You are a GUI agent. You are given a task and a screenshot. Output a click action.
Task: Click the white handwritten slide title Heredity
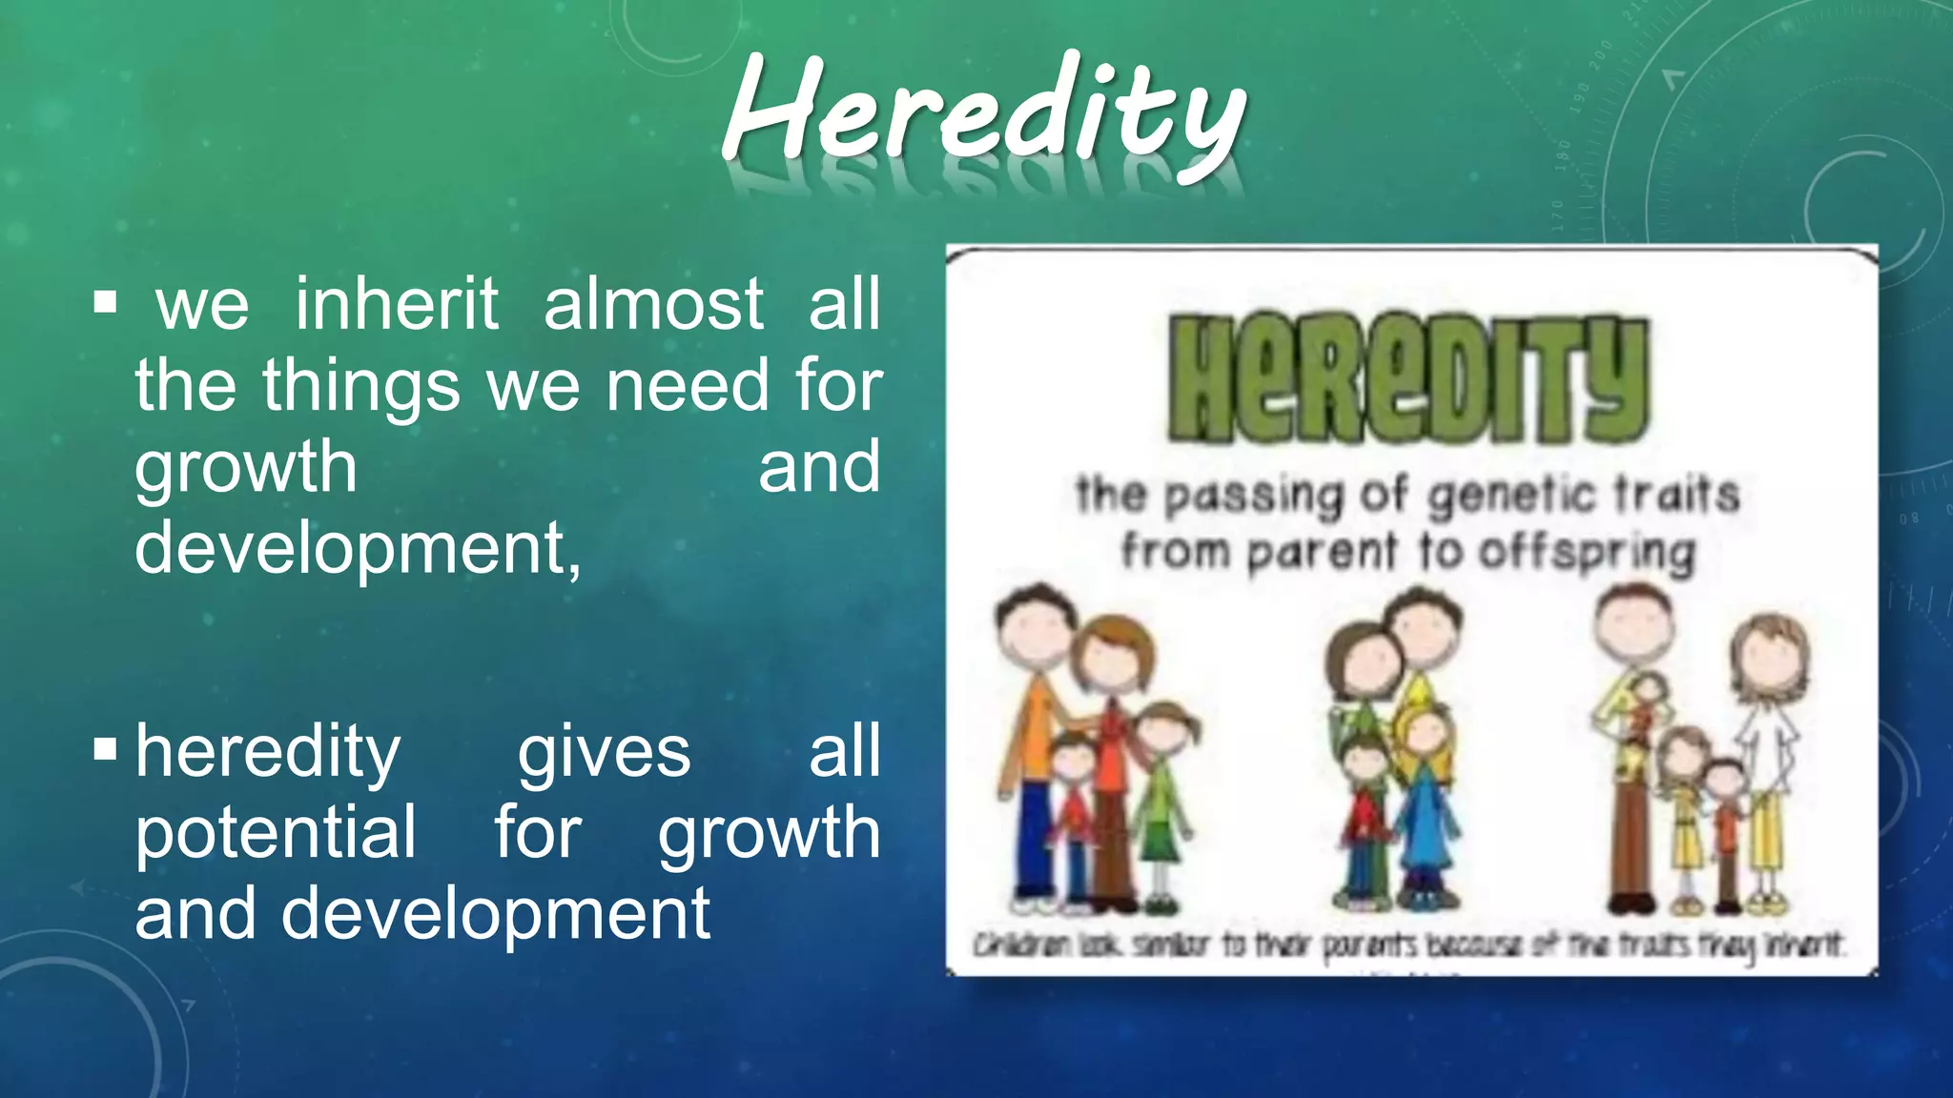pos(982,114)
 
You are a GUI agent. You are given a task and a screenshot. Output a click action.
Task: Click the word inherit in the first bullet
pos(397,304)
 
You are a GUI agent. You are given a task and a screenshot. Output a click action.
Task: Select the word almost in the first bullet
pos(653,304)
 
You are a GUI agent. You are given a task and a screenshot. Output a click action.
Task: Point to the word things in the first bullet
pos(361,386)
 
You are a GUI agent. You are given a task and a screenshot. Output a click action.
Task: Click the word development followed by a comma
pos(358,548)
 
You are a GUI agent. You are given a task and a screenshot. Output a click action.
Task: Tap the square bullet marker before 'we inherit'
pos(105,304)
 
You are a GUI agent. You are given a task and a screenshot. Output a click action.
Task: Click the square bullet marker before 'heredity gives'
pos(105,750)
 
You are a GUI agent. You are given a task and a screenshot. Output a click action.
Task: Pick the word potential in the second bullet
pos(276,832)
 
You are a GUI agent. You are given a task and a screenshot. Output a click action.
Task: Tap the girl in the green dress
pos(1160,801)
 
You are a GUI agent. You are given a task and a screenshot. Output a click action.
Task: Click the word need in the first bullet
pos(687,386)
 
